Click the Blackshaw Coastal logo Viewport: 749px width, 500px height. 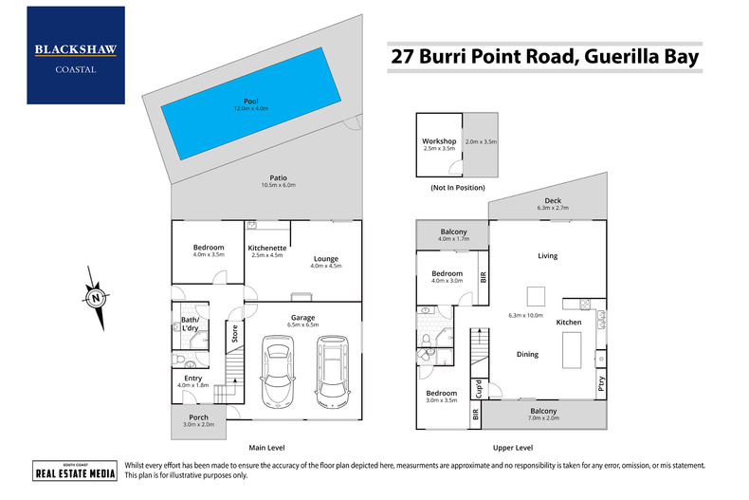tap(76, 55)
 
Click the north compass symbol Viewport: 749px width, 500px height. tap(97, 297)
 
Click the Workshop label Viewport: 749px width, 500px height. tap(439, 141)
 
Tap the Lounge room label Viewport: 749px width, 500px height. tap(326, 258)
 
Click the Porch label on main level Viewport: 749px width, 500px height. tap(199, 417)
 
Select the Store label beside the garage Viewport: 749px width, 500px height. tap(233, 335)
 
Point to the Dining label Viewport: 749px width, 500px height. tap(527, 354)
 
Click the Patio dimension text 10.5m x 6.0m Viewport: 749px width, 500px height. tap(279, 185)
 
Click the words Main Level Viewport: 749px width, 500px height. tap(266, 447)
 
